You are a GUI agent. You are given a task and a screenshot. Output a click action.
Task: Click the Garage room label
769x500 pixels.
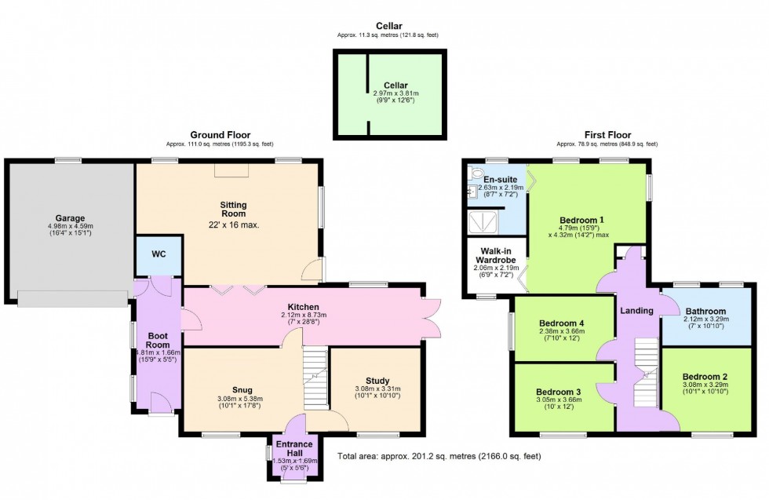coord(69,218)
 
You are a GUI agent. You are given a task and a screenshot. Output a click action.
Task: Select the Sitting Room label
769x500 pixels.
coord(233,209)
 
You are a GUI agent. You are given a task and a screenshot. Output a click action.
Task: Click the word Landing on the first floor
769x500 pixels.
coord(636,311)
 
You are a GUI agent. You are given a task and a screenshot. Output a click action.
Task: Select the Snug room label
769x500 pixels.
coord(241,390)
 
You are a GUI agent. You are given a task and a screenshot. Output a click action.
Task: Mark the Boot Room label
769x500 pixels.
coord(159,341)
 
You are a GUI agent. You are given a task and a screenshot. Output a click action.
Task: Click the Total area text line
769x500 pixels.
coord(439,456)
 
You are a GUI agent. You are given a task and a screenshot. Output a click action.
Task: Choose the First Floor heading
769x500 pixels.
coord(607,135)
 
